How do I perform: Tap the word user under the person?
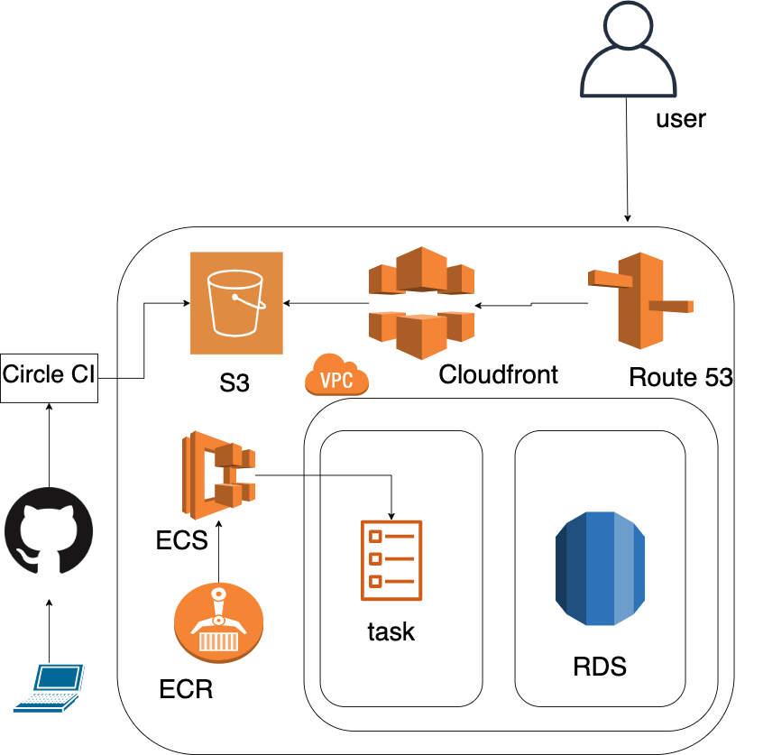[x=680, y=118]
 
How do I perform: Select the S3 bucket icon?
[x=236, y=303]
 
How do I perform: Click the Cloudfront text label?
[x=498, y=374]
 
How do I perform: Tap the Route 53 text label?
[x=680, y=378]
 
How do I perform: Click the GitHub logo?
[x=50, y=533]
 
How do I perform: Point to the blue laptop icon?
[x=49, y=688]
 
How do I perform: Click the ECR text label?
[x=186, y=690]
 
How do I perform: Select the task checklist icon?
[x=391, y=559]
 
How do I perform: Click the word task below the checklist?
[x=391, y=631]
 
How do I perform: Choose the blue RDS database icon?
[x=600, y=567]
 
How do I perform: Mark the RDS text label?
[x=600, y=668]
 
